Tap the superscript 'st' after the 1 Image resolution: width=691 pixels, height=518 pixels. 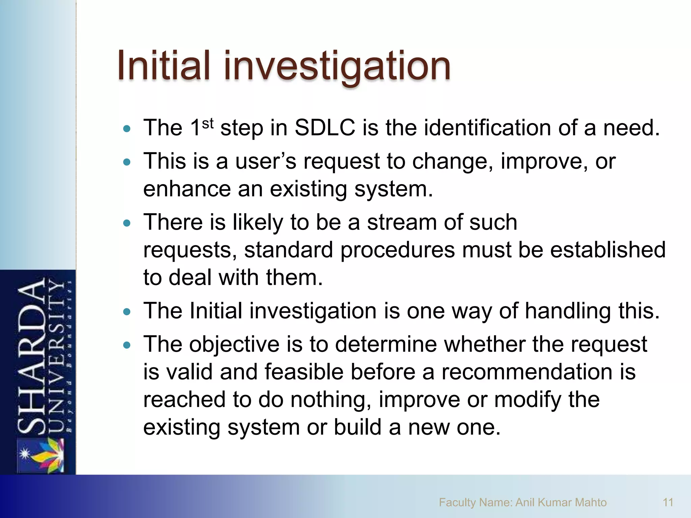click(208, 124)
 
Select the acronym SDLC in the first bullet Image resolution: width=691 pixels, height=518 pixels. click(325, 128)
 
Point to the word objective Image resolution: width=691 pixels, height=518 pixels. click(234, 345)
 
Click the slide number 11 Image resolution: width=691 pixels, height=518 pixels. click(668, 502)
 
